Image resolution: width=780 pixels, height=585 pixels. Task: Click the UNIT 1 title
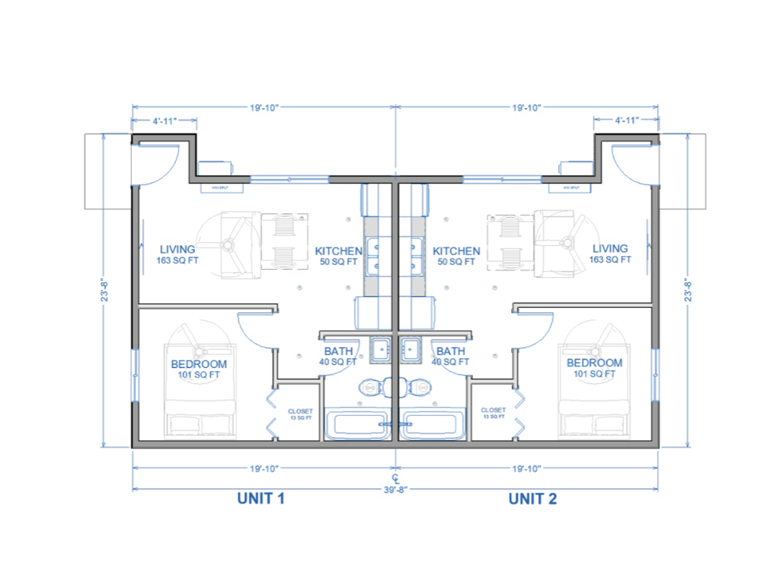pyautogui.click(x=261, y=499)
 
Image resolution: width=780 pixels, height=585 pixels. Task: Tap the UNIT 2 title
pyautogui.click(x=532, y=499)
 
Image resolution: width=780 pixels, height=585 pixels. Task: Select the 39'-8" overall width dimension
pyautogui.click(x=395, y=490)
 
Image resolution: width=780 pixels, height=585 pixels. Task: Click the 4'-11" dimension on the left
pyautogui.click(x=165, y=120)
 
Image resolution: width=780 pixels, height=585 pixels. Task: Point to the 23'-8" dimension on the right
pyautogui.click(x=688, y=289)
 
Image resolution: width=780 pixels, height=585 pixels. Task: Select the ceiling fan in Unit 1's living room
pyautogui.click(x=227, y=245)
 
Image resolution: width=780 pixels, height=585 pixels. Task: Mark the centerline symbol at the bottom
pyautogui.click(x=395, y=478)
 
